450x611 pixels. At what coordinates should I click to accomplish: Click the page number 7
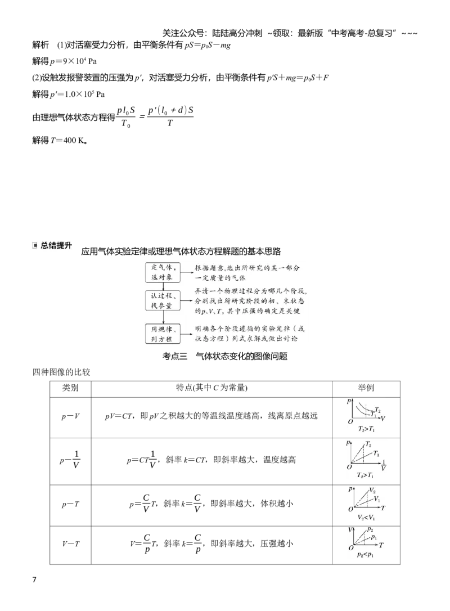tap(34, 579)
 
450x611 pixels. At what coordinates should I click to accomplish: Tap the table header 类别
tap(70, 388)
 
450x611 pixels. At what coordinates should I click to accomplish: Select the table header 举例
tap(366, 388)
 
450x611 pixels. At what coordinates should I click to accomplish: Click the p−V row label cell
tap(70, 416)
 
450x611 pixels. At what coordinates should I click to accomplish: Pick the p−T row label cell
tap(70, 504)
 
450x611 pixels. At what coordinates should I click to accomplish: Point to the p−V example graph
tap(366, 415)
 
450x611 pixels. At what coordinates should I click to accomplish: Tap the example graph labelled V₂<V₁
tap(366, 503)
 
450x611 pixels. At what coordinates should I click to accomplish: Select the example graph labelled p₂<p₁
tap(366, 542)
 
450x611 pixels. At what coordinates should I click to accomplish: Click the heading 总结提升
tap(53, 245)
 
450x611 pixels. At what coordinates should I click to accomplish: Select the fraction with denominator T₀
tap(126, 117)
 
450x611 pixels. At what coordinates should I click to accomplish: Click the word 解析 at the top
tap(40, 45)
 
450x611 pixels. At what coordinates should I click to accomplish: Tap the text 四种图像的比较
tap(61, 372)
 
